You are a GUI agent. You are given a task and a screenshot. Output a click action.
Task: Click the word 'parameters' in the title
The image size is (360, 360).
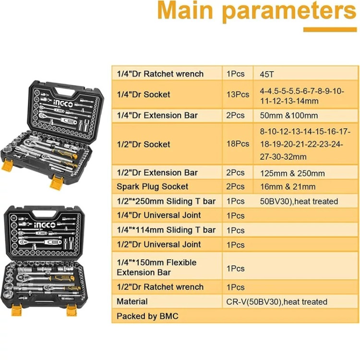pyautogui.click(x=289, y=11)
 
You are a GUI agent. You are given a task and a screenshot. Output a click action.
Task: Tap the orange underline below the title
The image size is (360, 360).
pyautogui.click(x=330, y=30)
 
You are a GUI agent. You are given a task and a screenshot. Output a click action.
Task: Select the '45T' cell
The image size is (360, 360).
pyautogui.click(x=267, y=74)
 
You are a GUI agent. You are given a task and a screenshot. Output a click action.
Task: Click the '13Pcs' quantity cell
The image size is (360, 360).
pyautogui.click(x=238, y=95)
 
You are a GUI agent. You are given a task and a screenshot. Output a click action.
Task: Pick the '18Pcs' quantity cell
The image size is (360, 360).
pyautogui.click(x=238, y=144)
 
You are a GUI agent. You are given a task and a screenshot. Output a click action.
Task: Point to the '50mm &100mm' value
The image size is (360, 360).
pyautogui.click(x=289, y=115)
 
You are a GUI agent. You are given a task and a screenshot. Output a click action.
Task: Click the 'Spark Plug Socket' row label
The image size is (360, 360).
pyautogui.click(x=153, y=187)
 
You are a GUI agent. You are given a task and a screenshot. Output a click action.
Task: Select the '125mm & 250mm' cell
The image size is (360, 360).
pyautogui.click(x=292, y=173)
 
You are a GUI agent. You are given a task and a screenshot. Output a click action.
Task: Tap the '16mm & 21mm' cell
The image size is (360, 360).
pyautogui.click(x=288, y=187)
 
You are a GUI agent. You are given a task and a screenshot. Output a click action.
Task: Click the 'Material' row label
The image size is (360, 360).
pyautogui.click(x=132, y=301)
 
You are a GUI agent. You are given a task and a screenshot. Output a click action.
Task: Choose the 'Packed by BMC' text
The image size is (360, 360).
pyautogui.click(x=147, y=316)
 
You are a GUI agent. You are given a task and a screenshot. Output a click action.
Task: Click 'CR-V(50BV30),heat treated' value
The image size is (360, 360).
pyautogui.click(x=276, y=302)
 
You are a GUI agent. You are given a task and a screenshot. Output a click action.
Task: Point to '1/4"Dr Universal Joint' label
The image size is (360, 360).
pyautogui.click(x=159, y=216)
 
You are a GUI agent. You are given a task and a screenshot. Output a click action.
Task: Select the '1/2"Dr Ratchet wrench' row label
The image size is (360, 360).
pyautogui.click(x=160, y=287)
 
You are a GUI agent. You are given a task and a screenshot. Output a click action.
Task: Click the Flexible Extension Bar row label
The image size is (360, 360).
pyautogui.click(x=156, y=267)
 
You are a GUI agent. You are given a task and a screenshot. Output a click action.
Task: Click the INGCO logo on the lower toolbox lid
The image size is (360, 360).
pyautogui.click(x=45, y=225)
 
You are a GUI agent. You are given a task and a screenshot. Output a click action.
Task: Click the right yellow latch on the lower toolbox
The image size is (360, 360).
pyautogui.click(x=72, y=310)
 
